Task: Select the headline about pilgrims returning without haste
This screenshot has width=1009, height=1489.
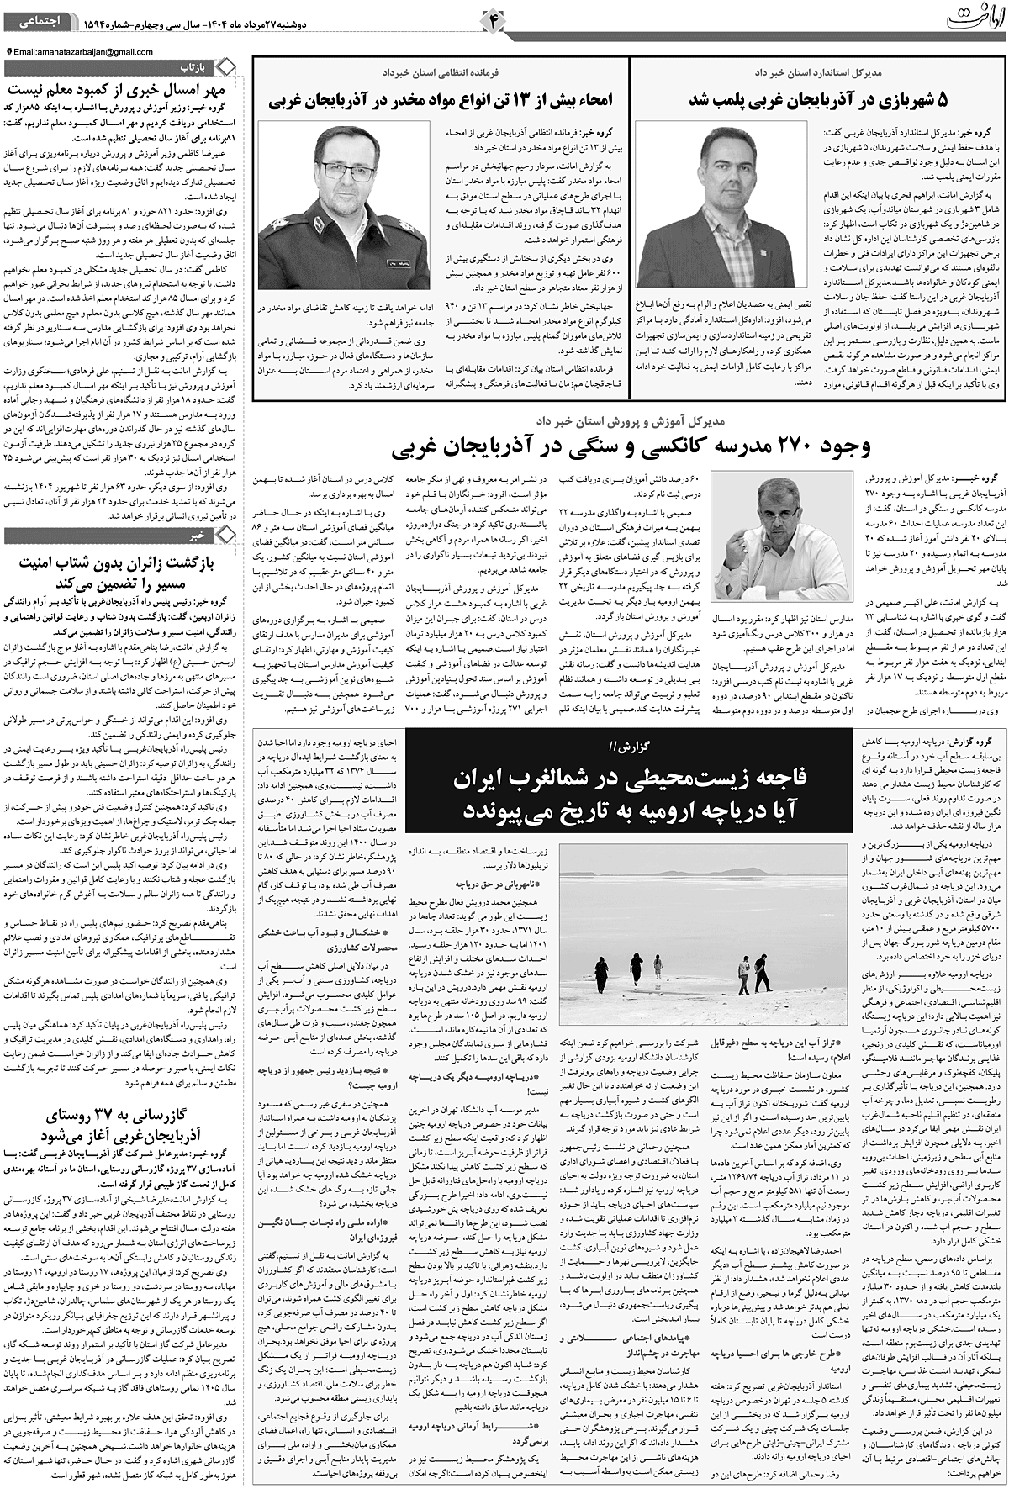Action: tap(126, 568)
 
